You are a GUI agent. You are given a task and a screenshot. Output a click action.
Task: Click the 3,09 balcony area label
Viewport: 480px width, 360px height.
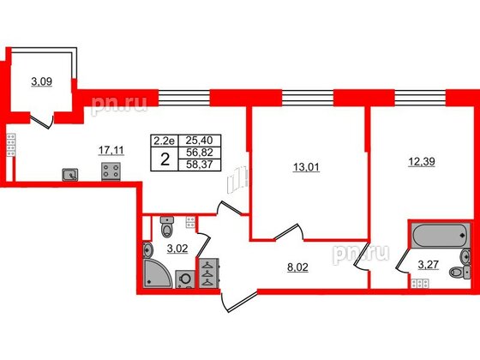(x=41, y=82)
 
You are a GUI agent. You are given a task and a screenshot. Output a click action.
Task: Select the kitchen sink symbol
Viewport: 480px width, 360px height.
(x=69, y=175)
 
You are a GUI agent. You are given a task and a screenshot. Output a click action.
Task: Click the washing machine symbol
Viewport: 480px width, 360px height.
(x=184, y=279)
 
